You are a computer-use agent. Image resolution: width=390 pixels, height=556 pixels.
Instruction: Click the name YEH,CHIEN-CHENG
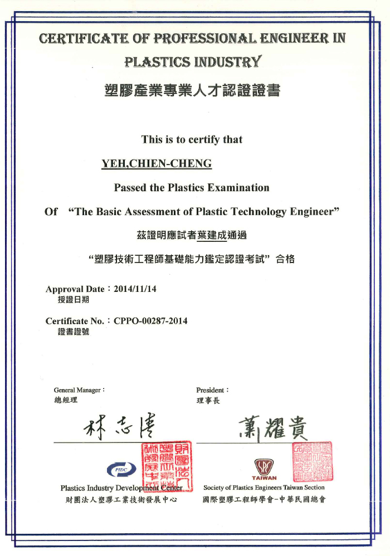pos(157,163)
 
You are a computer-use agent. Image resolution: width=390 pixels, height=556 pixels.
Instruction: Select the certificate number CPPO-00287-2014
pos(150,321)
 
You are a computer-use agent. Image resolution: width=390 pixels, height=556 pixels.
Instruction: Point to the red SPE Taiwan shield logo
pos(264,466)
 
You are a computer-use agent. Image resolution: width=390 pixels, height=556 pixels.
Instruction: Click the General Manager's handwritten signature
pos(119,427)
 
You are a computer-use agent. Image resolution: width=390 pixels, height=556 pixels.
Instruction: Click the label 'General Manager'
pos(79,390)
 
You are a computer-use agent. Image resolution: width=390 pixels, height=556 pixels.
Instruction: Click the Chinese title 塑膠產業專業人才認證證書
pos(192,90)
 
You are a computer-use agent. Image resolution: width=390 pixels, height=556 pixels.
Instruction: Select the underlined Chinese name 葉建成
pos(212,235)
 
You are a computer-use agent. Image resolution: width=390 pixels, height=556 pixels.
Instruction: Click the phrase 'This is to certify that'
pos(192,140)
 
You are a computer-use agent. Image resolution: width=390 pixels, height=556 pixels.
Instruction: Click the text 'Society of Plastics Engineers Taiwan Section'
pos(264,488)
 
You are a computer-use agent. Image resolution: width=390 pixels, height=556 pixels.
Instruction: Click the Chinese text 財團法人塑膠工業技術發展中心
pos(121,499)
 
